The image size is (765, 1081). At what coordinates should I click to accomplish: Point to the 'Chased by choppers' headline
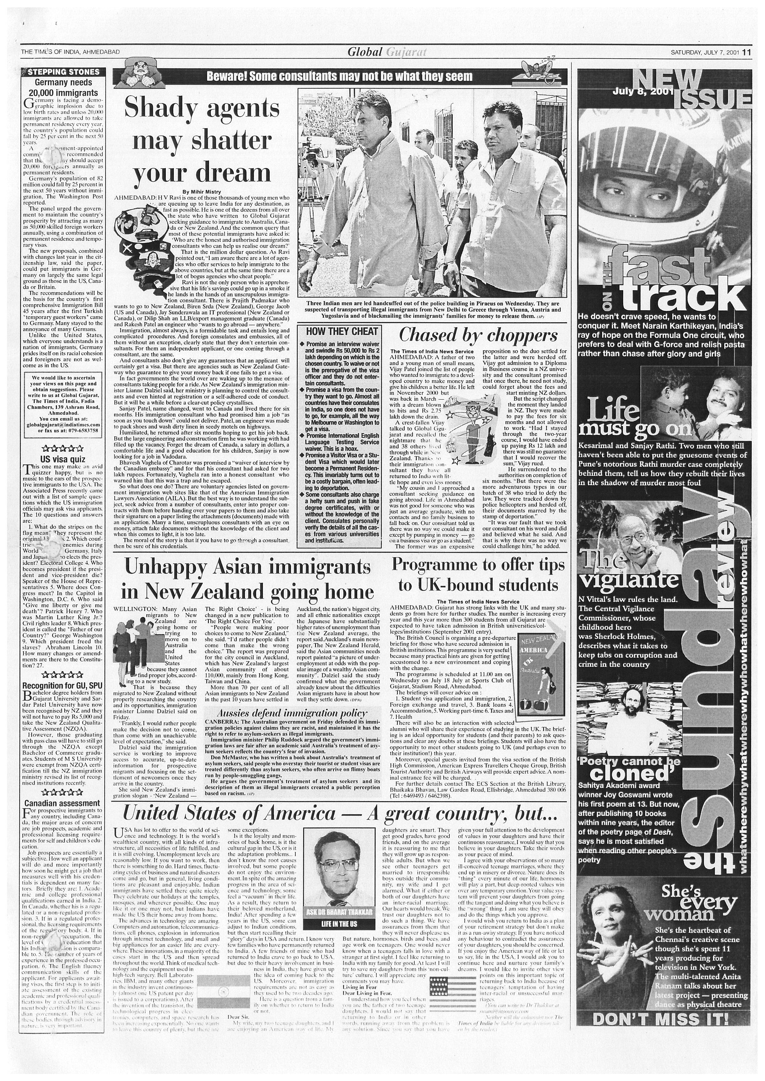(x=478, y=335)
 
